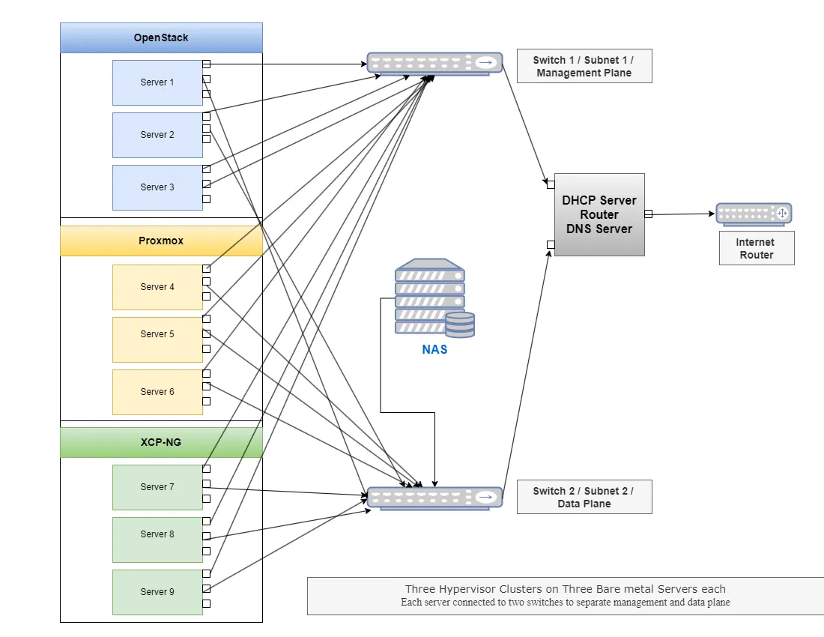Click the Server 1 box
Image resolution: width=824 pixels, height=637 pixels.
click(157, 82)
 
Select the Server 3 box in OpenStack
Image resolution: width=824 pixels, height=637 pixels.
click(157, 187)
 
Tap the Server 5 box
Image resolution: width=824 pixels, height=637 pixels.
click(157, 339)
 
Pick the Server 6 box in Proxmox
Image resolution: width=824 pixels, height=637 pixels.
click(157, 392)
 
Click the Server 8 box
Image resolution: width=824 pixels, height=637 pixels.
click(157, 540)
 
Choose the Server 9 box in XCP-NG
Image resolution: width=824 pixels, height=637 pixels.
click(157, 592)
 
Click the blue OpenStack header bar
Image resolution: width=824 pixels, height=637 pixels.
click(161, 37)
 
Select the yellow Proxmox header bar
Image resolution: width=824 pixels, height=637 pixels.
click(161, 241)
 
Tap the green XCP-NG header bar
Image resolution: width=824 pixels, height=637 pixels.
click(161, 442)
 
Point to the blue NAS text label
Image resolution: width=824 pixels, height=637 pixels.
click(434, 349)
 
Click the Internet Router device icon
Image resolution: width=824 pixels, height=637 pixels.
click(754, 214)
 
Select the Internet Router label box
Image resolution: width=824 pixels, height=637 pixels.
click(757, 248)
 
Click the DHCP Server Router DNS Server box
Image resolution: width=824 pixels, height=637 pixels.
click(599, 214)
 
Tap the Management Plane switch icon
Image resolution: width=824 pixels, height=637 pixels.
click(434, 64)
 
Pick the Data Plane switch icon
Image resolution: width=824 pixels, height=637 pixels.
click(434, 498)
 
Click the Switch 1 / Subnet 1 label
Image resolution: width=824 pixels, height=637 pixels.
click(584, 66)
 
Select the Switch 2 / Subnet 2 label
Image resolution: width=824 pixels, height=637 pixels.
click(584, 497)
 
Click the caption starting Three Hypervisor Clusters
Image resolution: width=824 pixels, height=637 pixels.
click(565, 596)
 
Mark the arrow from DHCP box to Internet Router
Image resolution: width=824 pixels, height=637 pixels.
click(682, 214)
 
